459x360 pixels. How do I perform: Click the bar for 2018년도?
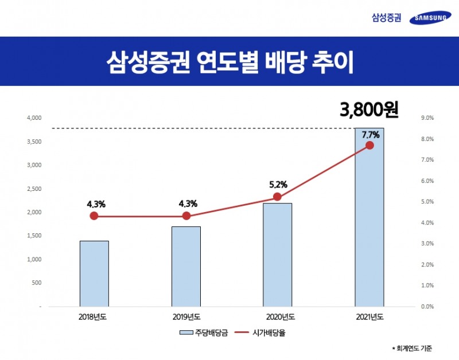tap(94, 273)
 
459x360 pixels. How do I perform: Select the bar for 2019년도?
tap(186, 267)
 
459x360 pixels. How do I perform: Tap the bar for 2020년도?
tap(278, 255)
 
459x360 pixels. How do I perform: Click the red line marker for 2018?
tap(94, 216)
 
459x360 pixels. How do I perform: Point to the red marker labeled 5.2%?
tap(278, 197)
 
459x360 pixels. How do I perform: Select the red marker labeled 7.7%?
tap(369, 145)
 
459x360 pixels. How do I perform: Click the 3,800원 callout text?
tap(369, 109)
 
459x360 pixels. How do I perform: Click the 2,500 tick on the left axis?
tap(34, 189)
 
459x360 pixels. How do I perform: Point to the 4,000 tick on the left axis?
tap(34, 118)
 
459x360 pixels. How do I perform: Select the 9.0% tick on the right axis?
tap(427, 118)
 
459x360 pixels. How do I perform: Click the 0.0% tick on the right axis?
tap(427, 307)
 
